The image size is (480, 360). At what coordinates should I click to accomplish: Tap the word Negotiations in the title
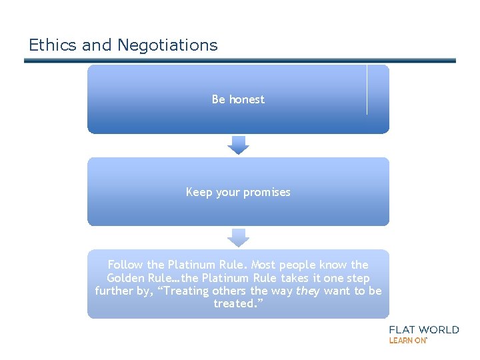(x=167, y=45)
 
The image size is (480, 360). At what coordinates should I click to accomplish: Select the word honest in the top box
(x=247, y=99)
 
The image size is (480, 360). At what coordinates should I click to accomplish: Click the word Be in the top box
(x=219, y=99)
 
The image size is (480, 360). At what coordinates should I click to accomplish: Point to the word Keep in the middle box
(x=198, y=192)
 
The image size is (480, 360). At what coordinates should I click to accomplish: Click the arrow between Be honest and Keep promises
(x=238, y=145)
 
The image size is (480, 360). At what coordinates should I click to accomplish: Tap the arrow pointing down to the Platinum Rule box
(x=238, y=237)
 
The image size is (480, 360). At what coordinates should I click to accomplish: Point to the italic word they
(x=308, y=291)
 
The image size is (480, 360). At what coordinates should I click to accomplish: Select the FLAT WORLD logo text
(x=424, y=329)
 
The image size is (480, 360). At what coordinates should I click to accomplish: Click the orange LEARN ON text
(x=408, y=340)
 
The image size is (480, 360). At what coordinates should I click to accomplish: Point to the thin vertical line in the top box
(x=367, y=90)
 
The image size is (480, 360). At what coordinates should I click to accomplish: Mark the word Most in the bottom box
(x=263, y=265)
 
